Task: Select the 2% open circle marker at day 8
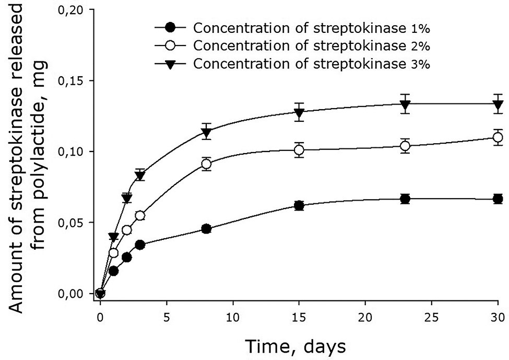[206, 164]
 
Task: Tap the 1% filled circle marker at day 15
[299, 205]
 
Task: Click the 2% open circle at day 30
[498, 137]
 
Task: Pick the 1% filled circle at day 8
[206, 229]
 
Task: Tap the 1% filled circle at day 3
[140, 245]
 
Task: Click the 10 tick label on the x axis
[233, 317]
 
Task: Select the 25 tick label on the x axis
[431, 317]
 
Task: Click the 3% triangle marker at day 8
[206, 132]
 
